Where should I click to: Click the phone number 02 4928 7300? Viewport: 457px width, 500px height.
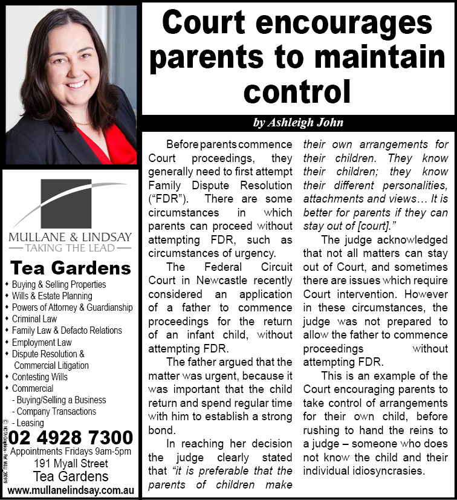pos(71,437)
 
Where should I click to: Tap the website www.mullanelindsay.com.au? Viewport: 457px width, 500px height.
pos(71,489)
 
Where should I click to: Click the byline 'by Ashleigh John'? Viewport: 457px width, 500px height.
pos(299,123)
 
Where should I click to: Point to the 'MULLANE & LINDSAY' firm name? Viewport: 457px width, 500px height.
pos(70,236)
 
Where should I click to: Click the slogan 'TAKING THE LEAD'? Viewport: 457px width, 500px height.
pos(70,248)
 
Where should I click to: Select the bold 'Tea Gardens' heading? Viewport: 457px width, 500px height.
pos(71,268)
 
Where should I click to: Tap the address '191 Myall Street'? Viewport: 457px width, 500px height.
pos(71,464)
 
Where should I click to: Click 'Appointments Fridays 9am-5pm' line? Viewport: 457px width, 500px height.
pos(71,452)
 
